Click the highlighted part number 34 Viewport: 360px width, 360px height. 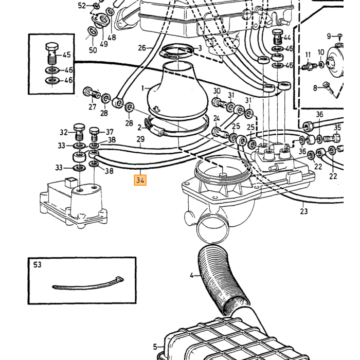click(x=140, y=180)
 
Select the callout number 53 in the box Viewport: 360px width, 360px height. click(x=37, y=264)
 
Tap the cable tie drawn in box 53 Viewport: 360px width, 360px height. click(x=88, y=284)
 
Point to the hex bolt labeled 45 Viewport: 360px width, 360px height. click(x=52, y=53)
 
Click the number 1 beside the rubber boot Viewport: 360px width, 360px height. click(x=143, y=88)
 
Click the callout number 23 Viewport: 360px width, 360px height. click(x=303, y=211)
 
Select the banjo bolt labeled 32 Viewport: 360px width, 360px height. click(x=79, y=133)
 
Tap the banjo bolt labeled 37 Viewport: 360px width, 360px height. click(x=94, y=135)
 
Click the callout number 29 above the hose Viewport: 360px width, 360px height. click(x=140, y=139)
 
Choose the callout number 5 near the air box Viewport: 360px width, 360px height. click(x=155, y=347)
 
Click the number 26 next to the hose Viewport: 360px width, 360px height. click(x=142, y=48)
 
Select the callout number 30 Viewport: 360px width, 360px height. click(x=217, y=91)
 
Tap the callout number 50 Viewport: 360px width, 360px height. click(x=93, y=50)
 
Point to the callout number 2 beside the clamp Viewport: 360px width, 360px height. click(x=139, y=127)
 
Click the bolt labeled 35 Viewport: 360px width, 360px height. click(x=332, y=138)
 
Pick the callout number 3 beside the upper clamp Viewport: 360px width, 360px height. click(x=200, y=48)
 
